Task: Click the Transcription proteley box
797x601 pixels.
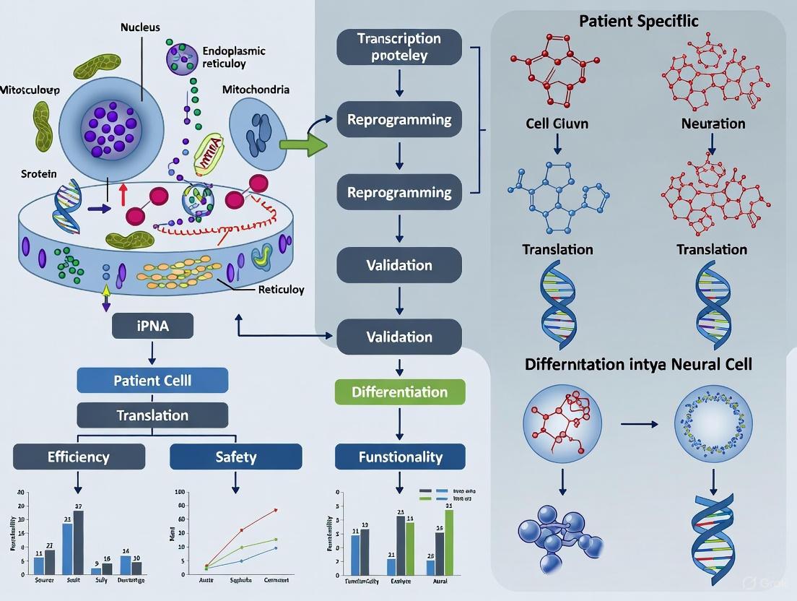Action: [x=398, y=48]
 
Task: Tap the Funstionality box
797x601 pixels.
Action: [x=400, y=457]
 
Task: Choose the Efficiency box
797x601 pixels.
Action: [x=79, y=457]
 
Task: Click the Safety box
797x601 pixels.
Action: [x=235, y=457]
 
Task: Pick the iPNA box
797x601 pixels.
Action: [x=152, y=326]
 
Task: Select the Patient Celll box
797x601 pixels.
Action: [x=152, y=380]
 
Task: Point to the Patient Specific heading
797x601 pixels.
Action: [x=639, y=21]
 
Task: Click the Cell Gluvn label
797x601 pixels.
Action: [x=557, y=124]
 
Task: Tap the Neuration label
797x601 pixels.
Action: [x=713, y=124]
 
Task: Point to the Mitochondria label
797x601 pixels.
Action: [x=256, y=90]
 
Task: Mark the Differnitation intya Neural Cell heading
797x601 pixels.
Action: [x=638, y=363]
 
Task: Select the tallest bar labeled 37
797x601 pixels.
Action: [x=78, y=542]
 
